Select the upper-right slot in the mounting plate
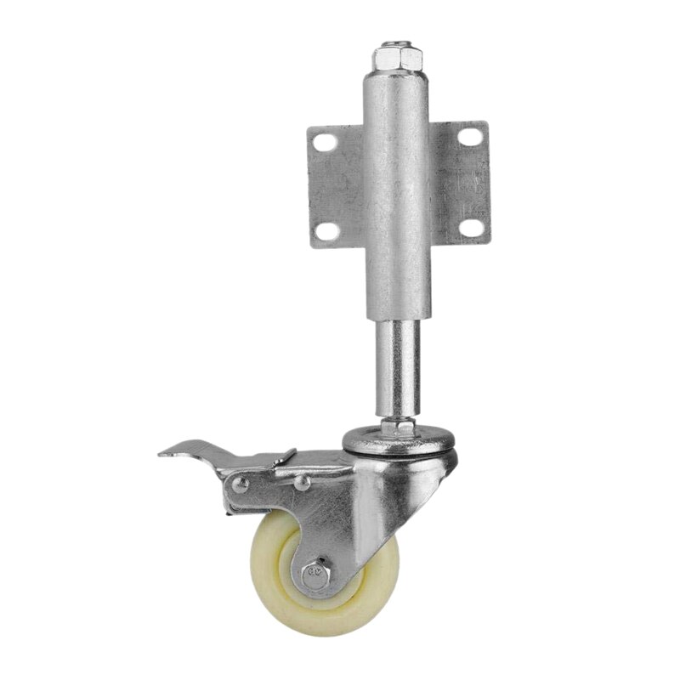[x=467, y=136]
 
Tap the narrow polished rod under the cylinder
[x=397, y=365]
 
